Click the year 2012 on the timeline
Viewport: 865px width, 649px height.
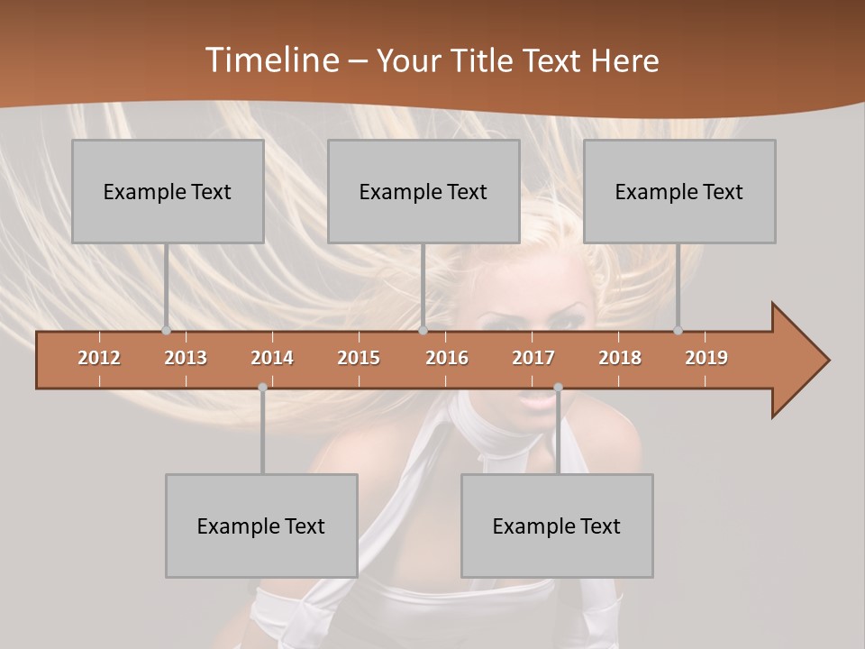[99, 358]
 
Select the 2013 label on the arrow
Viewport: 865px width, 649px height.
[186, 358]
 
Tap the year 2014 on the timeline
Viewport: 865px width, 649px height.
[272, 358]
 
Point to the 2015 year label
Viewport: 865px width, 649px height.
[359, 358]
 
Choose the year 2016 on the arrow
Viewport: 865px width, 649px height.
[447, 358]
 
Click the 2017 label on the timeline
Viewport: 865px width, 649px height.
[533, 358]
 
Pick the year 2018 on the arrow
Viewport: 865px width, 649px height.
[620, 358]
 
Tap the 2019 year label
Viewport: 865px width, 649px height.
[706, 358]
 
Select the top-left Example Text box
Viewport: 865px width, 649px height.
[168, 191]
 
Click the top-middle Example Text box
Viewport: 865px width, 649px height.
[423, 191]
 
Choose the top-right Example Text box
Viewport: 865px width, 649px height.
[679, 191]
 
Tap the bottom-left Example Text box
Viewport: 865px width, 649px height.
[261, 526]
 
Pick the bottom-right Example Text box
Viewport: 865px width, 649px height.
[557, 526]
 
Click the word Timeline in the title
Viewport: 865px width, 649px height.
[270, 60]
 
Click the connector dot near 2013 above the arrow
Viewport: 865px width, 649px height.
[166, 330]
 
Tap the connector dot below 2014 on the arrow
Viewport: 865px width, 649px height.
[262, 388]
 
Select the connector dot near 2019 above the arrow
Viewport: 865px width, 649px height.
[678, 330]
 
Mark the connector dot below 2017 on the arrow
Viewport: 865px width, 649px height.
[558, 388]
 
